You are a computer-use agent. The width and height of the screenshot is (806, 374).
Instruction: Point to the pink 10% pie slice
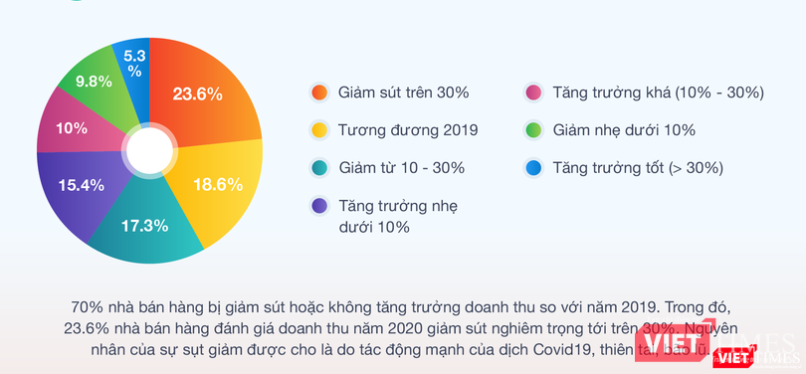[72, 127]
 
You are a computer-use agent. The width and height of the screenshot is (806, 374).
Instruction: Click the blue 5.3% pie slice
[134, 64]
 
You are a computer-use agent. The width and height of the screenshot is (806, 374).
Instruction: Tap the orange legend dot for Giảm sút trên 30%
[318, 93]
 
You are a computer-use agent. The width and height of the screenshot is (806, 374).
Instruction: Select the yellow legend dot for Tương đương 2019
[318, 129]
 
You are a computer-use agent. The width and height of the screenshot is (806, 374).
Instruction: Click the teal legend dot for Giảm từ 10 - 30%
[318, 167]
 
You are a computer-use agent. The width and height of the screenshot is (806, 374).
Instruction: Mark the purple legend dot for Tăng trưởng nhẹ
[318, 206]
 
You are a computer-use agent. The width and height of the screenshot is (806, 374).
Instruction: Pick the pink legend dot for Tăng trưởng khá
[533, 93]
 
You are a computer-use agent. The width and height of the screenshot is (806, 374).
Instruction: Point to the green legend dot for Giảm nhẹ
[533, 129]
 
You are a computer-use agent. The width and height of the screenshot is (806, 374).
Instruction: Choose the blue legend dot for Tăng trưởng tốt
[533, 167]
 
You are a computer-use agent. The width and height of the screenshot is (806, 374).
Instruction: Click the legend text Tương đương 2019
[408, 129]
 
